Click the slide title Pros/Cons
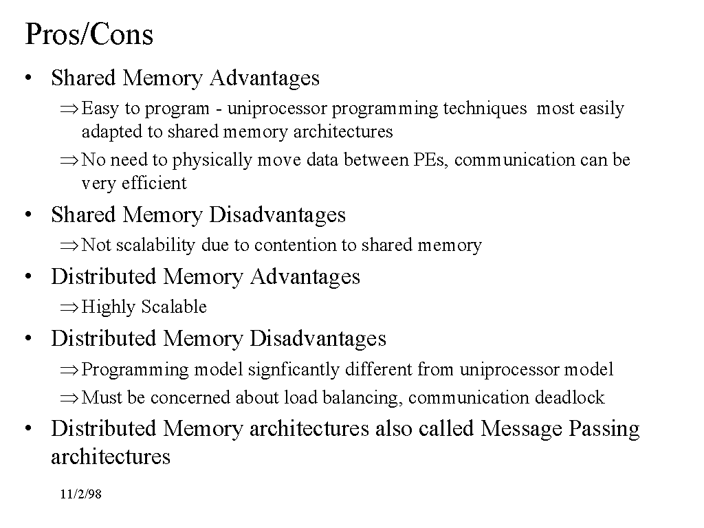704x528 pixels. coord(89,34)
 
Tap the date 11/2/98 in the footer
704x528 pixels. coord(80,494)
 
